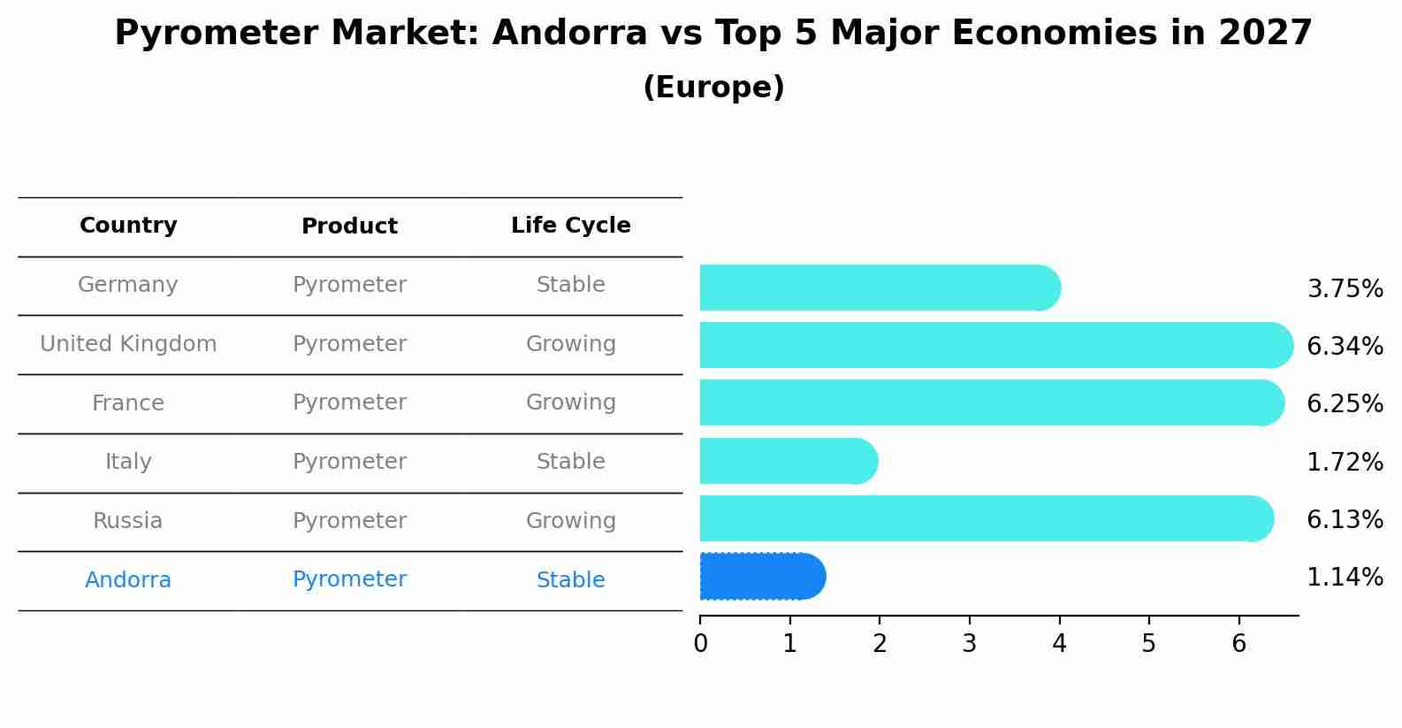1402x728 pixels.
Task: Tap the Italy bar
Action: tap(788, 461)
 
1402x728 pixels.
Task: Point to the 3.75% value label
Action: tap(1344, 289)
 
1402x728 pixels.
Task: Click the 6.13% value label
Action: tap(1344, 519)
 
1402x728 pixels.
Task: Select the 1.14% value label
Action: tap(1344, 578)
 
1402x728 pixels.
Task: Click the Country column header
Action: tap(128, 226)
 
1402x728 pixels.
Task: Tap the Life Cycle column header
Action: tap(570, 226)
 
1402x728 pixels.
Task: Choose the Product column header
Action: tap(349, 226)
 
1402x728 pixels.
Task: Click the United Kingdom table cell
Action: tap(128, 344)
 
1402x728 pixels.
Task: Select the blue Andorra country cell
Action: tap(128, 580)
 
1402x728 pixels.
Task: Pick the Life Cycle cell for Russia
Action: tap(570, 521)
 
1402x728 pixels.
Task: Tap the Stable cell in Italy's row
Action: tap(570, 462)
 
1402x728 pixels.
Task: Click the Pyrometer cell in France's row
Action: tap(349, 403)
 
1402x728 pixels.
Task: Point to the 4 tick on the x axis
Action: tap(1059, 643)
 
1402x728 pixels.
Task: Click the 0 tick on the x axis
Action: tap(700, 643)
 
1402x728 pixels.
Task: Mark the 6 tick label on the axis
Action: tap(1238, 643)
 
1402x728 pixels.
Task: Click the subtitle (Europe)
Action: tap(713, 88)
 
